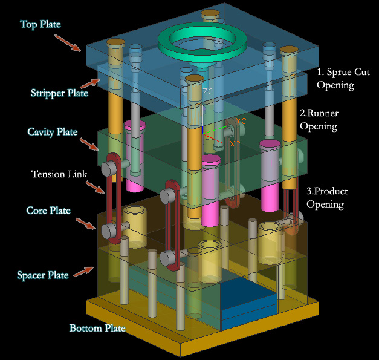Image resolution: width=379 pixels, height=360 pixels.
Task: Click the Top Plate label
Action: click(x=40, y=24)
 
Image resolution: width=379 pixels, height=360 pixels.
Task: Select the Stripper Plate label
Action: click(x=59, y=93)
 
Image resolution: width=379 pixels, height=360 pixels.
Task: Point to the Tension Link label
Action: click(x=59, y=174)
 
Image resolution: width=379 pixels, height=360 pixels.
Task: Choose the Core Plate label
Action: click(x=48, y=211)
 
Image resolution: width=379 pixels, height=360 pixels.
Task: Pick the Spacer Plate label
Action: click(x=42, y=275)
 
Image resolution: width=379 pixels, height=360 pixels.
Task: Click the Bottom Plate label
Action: click(x=97, y=329)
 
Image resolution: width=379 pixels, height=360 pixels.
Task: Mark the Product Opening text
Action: click(x=326, y=198)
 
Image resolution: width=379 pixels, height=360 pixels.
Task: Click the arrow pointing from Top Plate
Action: click(x=67, y=42)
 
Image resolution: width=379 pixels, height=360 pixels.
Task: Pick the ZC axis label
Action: click(x=207, y=92)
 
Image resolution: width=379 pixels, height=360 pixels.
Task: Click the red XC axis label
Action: click(x=235, y=144)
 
